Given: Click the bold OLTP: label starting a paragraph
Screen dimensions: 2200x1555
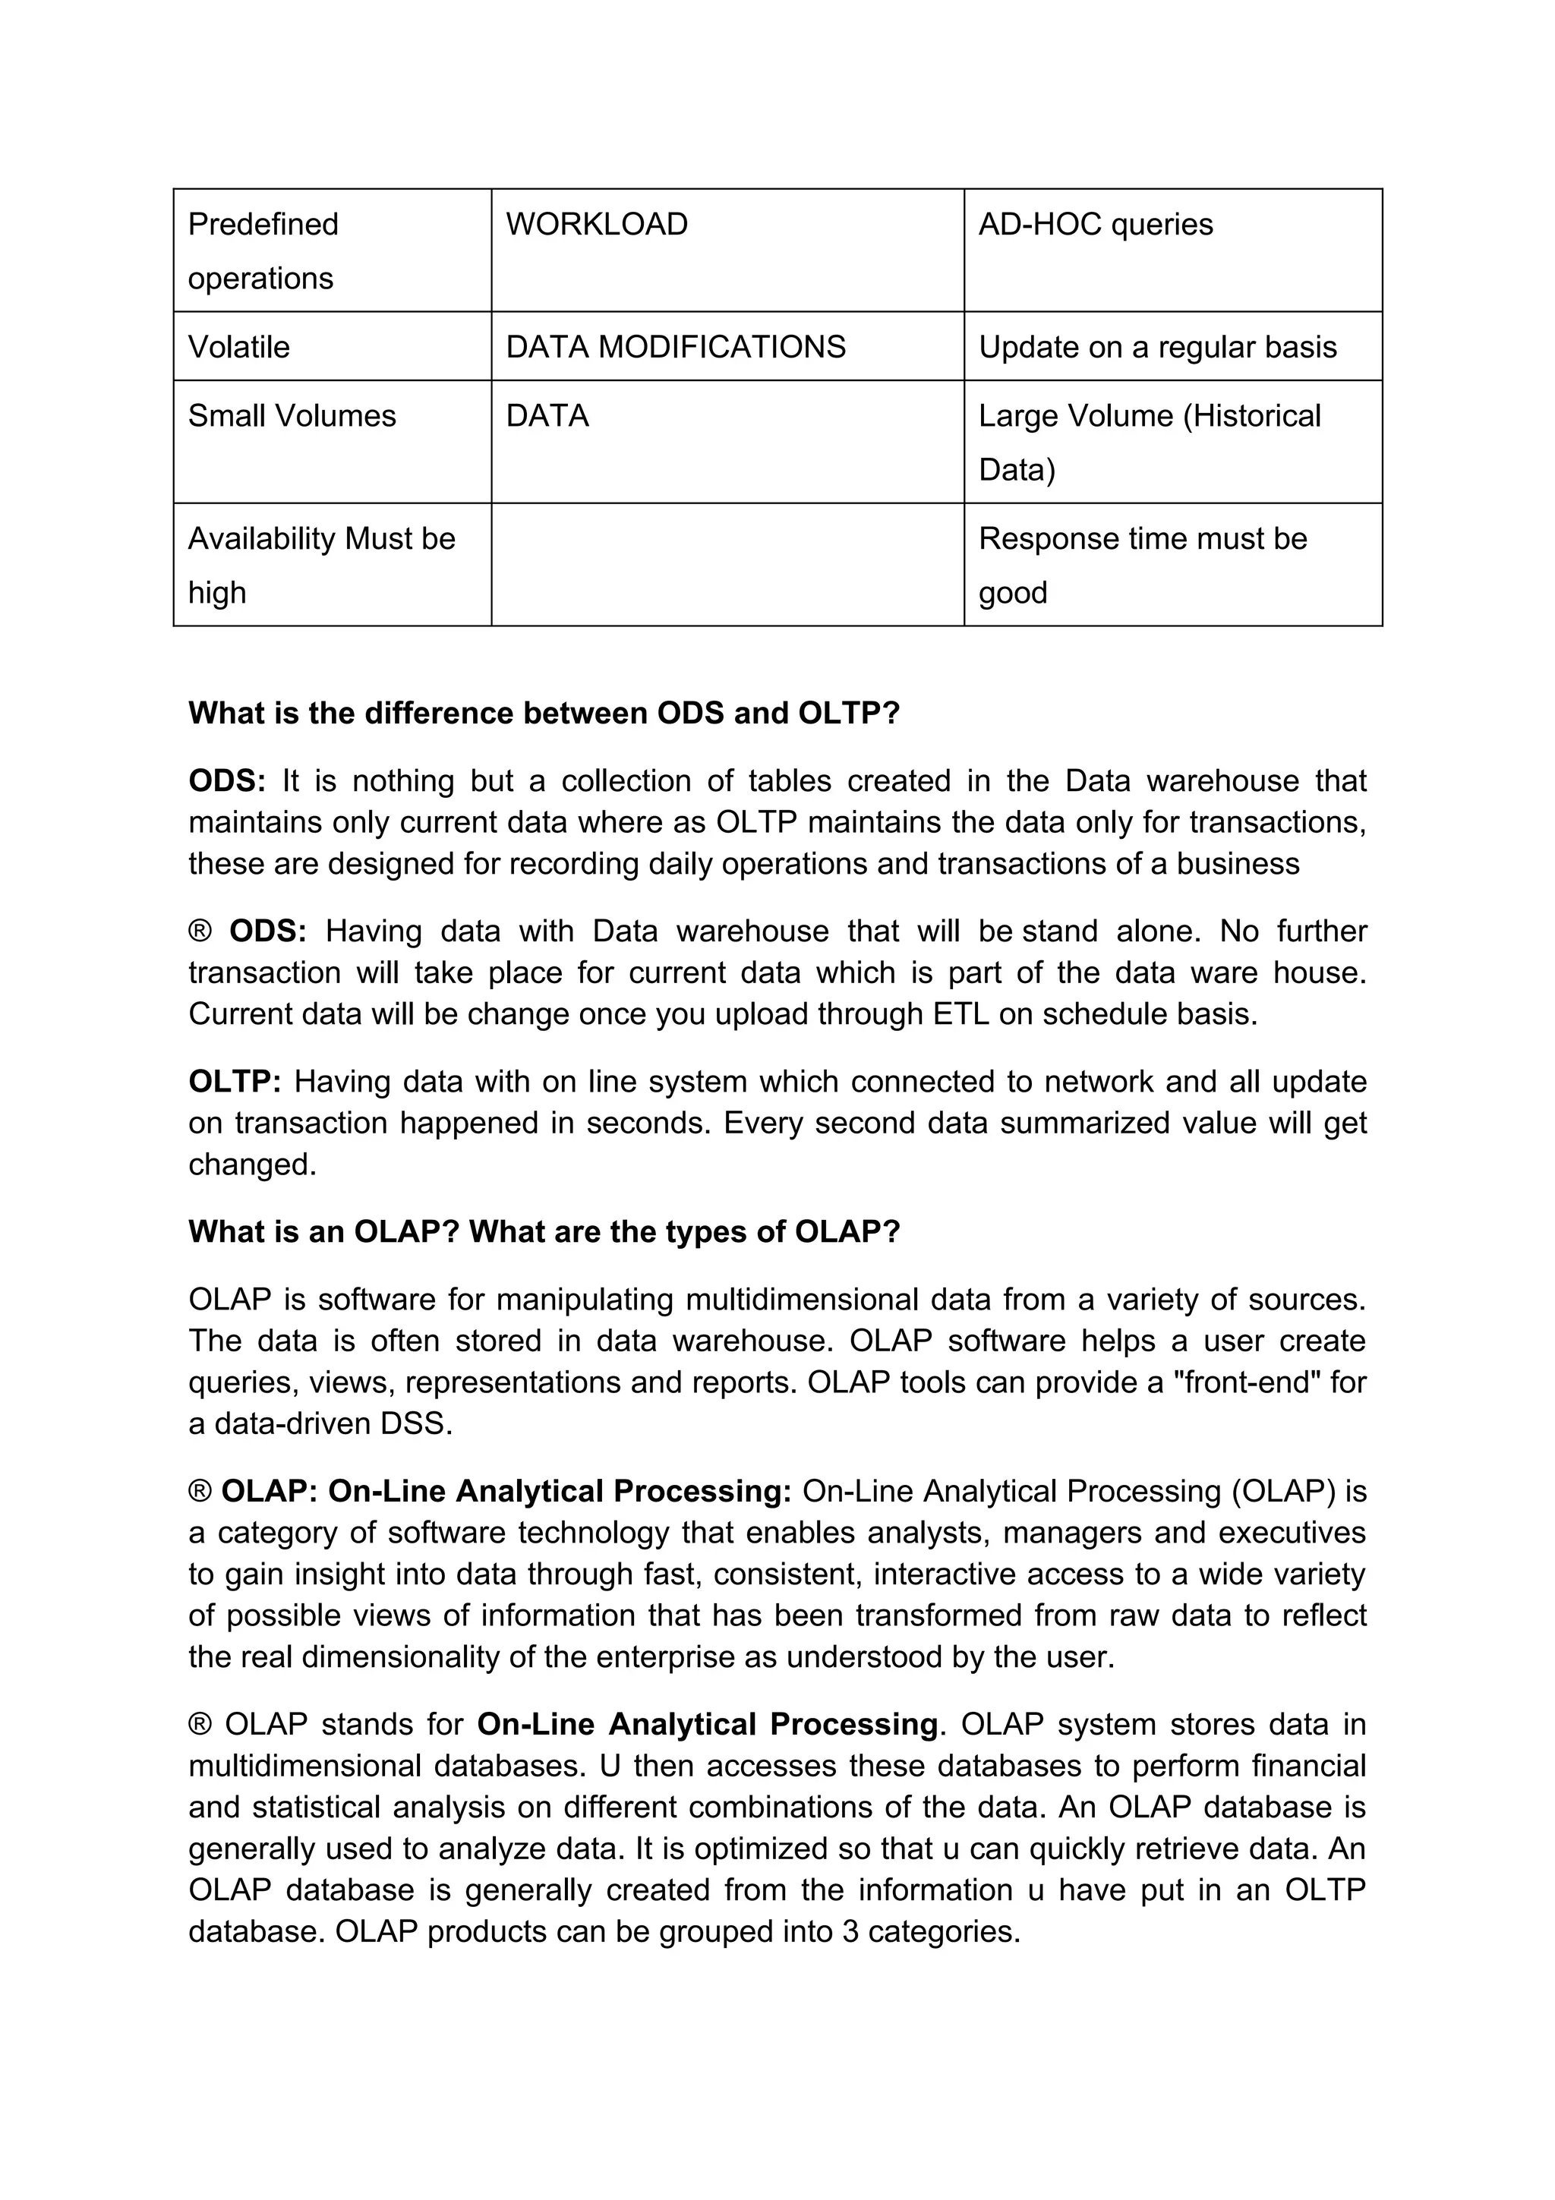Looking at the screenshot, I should point(235,1082).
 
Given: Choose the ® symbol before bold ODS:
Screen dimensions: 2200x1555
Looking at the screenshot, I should point(199,931).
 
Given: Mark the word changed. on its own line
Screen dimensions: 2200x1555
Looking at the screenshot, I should point(252,1165).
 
